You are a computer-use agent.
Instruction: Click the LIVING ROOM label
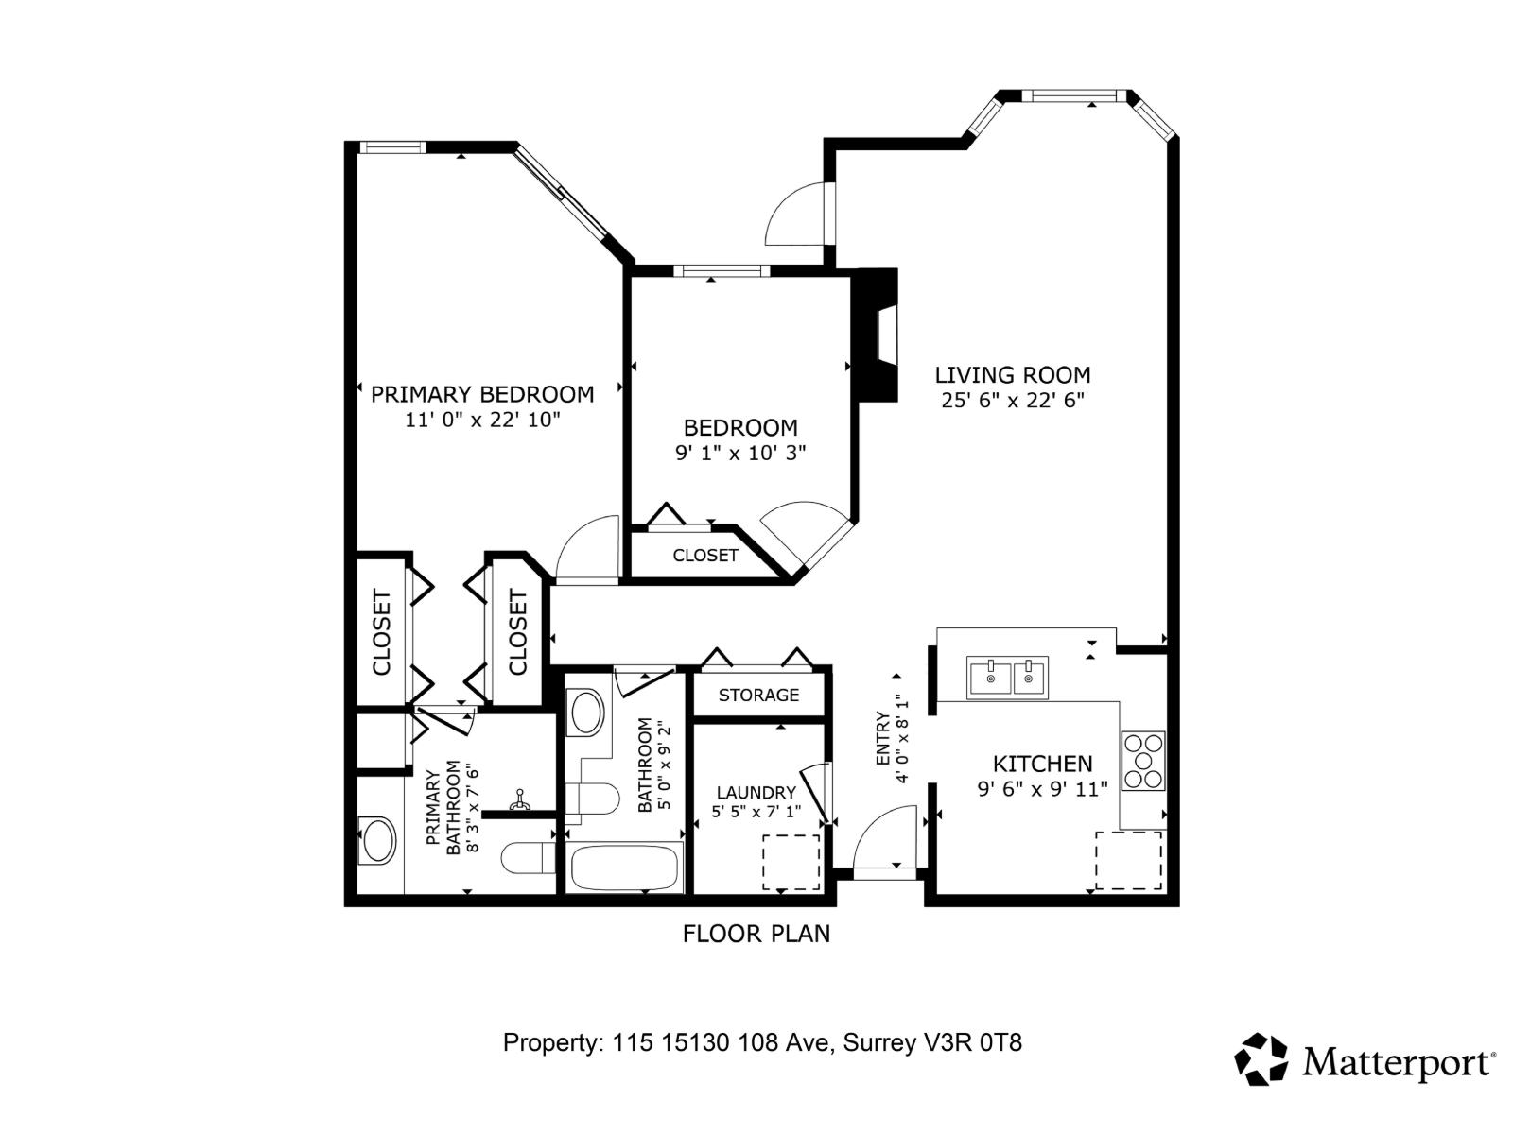(x=1012, y=375)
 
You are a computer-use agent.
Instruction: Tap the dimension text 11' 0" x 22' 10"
(x=482, y=420)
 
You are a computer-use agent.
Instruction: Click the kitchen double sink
(x=1007, y=678)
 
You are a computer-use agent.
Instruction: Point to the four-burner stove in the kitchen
(x=1142, y=761)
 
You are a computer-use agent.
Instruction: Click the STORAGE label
(x=758, y=696)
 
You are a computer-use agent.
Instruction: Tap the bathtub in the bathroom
(x=624, y=868)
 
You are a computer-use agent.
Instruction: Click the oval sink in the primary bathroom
(x=378, y=840)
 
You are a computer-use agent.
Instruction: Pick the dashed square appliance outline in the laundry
(x=791, y=862)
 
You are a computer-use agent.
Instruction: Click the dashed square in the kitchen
(x=1128, y=860)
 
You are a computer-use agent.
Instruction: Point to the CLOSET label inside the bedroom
(x=704, y=556)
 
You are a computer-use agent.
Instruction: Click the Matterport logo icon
(x=1261, y=1059)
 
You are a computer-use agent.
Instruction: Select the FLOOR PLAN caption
(x=756, y=934)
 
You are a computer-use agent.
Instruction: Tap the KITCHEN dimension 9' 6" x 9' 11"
(x=1042, y=789)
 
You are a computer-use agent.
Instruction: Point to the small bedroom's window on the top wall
(x=722, y=271)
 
